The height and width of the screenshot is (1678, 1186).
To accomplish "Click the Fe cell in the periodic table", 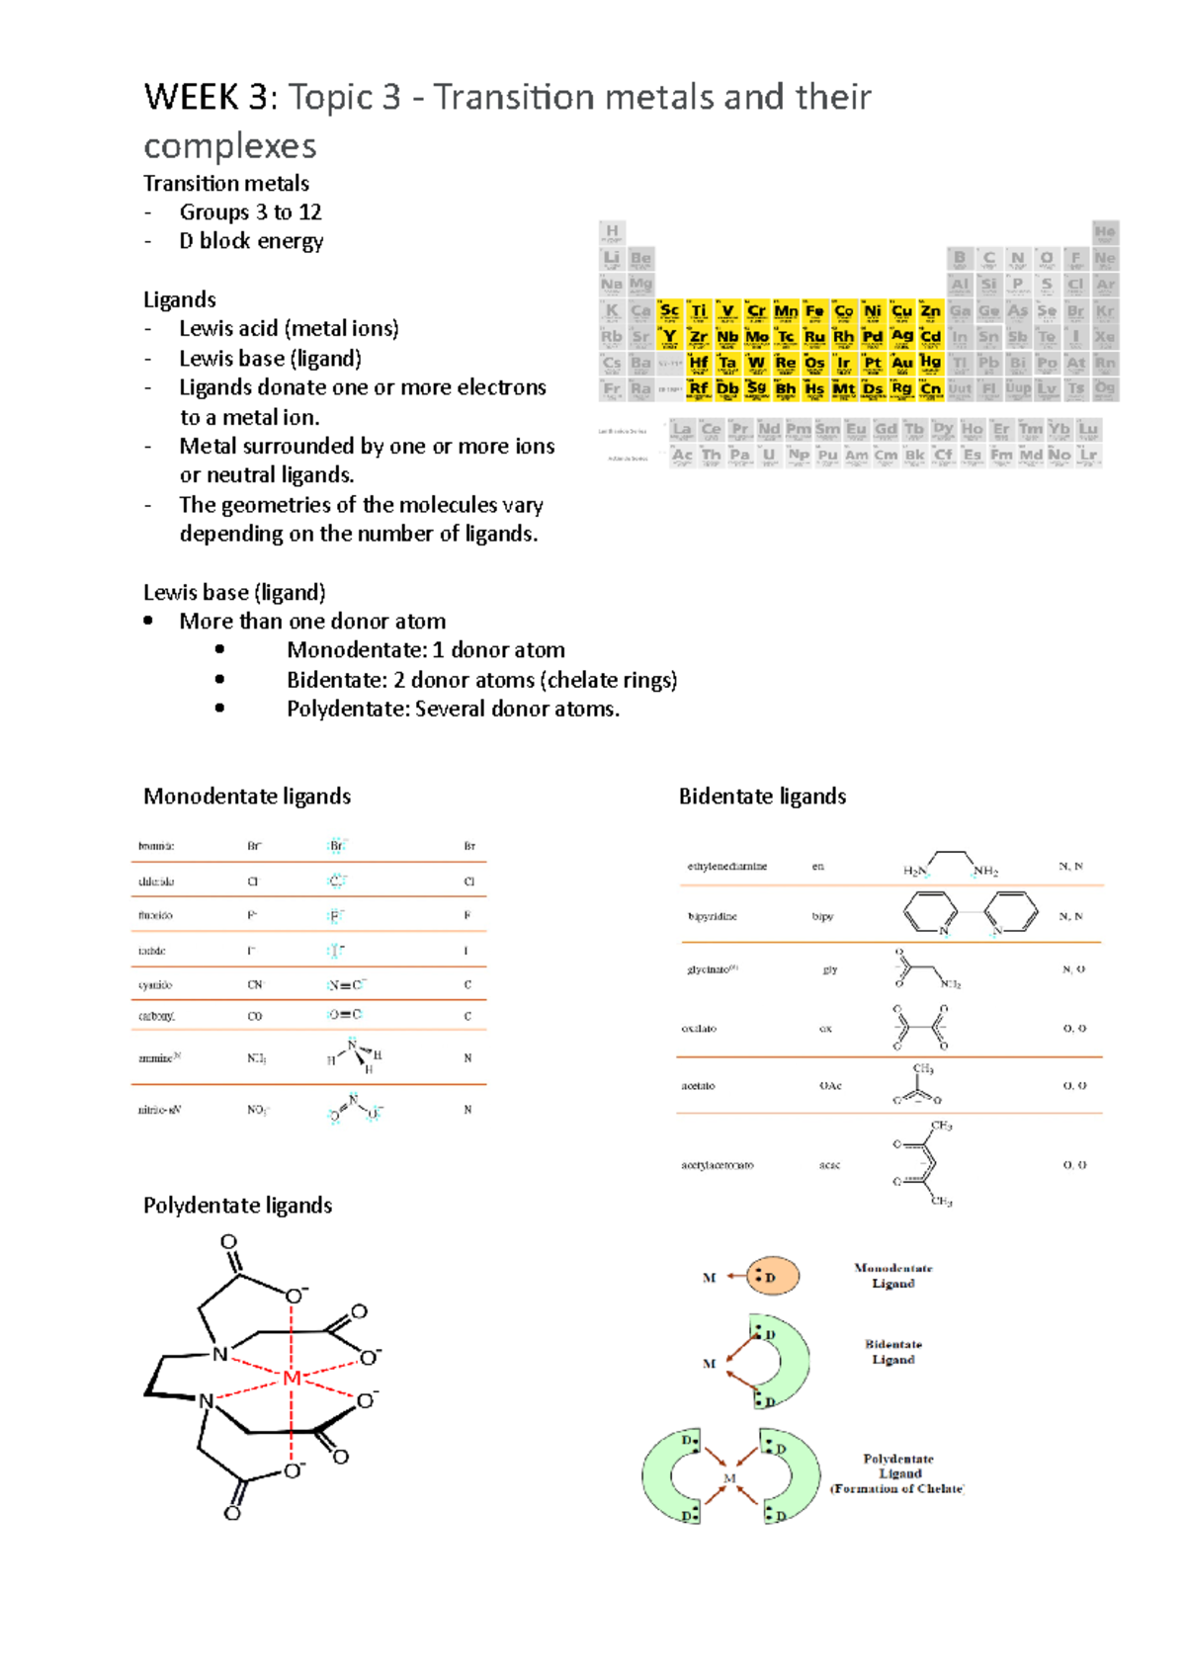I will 814,311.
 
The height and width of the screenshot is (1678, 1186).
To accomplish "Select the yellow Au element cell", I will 902,364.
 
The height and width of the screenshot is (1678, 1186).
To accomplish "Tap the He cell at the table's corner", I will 1105,233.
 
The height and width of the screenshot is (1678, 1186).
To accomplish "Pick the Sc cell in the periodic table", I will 670,311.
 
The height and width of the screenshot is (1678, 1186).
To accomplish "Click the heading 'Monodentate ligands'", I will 247,797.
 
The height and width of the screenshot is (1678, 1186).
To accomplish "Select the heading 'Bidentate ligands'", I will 762,797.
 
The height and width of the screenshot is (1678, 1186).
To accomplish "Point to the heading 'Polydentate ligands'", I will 237,1206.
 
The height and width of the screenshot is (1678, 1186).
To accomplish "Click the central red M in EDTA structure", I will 292,1379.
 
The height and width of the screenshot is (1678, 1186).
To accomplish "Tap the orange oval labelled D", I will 772,1277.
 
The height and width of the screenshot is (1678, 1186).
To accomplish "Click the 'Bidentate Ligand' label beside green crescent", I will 893,1352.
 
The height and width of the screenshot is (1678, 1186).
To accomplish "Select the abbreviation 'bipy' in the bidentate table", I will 822,917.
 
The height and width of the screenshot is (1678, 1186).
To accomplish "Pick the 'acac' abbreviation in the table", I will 829,1166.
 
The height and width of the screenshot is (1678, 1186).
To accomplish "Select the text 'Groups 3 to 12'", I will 250,212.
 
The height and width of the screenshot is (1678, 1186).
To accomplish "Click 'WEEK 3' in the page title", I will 205,98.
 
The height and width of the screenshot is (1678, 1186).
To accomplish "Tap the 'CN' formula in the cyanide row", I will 255,985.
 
